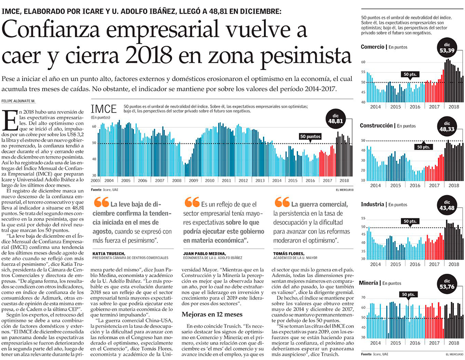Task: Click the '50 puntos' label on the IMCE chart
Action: [x=310, y=137]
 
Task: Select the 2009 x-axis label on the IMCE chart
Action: [x=193, y=180]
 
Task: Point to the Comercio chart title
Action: [x=372, y=47]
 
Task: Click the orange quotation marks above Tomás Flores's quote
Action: [x=282, y=202]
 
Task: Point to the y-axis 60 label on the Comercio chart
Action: [x=363, y=62]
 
